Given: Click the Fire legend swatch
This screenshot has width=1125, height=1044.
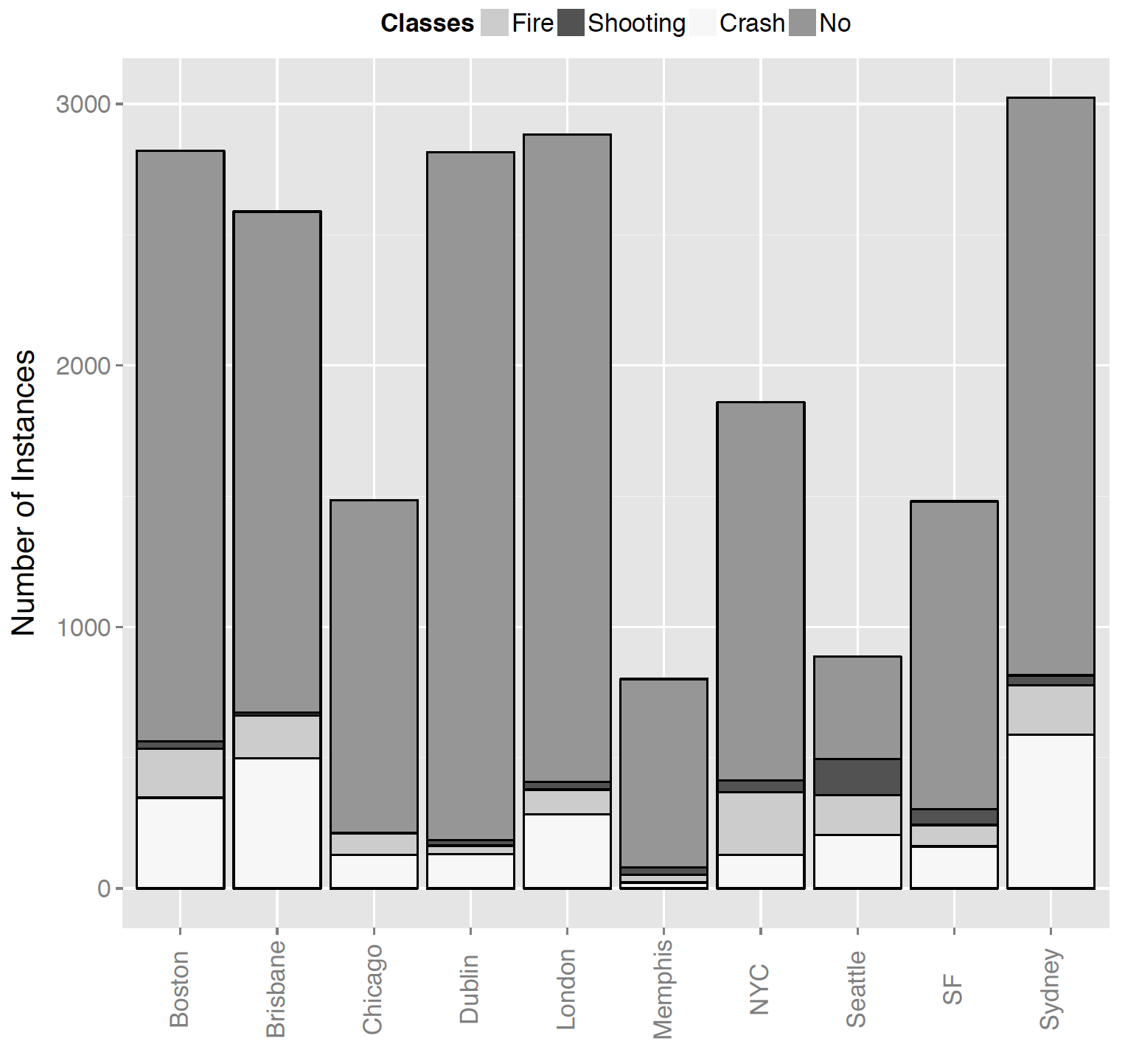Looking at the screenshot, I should pos(495,23).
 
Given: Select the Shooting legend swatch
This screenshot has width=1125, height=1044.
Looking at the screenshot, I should pos(571,23).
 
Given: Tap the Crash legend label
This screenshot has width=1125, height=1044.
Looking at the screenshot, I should pos(751,24).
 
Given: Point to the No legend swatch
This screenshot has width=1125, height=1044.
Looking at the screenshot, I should pos(803,23).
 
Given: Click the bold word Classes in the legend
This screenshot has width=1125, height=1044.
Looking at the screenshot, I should pos(427,24).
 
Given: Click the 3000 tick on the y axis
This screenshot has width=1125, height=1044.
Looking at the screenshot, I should pos(83,104).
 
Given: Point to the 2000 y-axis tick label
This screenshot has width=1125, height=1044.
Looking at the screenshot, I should pos(83,366).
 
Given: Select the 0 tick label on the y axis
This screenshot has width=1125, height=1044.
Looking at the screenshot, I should pos(104,889).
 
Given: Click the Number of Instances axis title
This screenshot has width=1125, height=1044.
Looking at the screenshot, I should pos(24,493).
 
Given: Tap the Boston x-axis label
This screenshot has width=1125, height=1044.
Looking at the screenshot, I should pos(179,989).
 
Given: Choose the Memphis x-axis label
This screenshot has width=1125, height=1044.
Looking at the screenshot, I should pos(663,989).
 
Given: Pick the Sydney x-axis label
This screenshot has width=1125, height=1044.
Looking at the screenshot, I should pos(1050,989).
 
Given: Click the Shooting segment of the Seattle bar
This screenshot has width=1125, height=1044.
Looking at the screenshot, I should pos(857,776).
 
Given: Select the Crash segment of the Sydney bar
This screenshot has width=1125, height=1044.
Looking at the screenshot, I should pos(1051,811).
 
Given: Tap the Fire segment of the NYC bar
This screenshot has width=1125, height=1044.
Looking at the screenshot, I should pos(761,823).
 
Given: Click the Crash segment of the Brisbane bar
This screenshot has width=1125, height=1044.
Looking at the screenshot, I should pos(277,823).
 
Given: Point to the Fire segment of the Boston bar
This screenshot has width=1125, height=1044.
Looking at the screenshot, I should pos(181,773).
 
